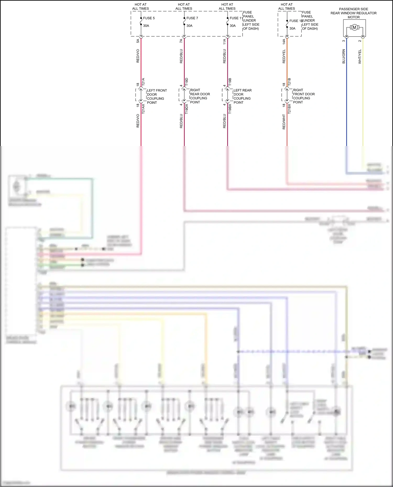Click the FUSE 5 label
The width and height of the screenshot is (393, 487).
click(149, 18)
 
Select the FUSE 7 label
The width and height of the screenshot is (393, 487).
click(192, 18)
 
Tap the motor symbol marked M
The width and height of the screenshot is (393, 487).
click(354, 27)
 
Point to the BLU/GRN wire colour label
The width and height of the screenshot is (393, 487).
click(344, 56)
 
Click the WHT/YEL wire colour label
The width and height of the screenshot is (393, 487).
click(360, 57)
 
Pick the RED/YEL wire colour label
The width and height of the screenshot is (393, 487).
click(284, 56)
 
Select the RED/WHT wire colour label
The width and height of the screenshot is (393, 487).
click(284, 122)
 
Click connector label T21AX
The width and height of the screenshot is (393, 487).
click(143, 108)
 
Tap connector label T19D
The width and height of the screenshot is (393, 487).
click(187, 82)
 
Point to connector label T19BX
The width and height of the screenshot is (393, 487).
click(230, 109)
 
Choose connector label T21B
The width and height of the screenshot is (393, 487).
click(290, 82)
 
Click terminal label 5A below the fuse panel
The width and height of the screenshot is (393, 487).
click(138, 41)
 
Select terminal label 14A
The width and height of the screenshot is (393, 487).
click(284, 41)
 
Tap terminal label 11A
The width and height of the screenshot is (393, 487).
click(225, 41)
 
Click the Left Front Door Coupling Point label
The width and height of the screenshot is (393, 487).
click(157, 96)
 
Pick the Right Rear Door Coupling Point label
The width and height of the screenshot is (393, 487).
click(200, 96)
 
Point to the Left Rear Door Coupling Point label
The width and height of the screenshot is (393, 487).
click(242, 96)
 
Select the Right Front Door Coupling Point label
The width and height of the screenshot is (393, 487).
click(304, 96)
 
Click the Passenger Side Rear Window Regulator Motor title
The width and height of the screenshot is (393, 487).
click(353, 13)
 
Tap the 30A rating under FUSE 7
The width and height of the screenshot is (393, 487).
click(189, 26)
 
